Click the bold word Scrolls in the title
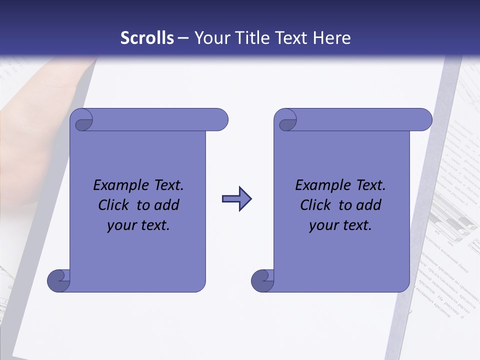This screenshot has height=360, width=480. pos(147,38)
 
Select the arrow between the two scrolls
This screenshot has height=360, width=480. pos(236,199)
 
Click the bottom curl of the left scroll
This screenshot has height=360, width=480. pos(59,281)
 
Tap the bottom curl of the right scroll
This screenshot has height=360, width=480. pos(262,281)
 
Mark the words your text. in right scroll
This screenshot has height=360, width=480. pos(340,225)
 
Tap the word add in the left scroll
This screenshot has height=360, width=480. pos(167,205)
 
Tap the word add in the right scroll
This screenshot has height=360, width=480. pos(369,205)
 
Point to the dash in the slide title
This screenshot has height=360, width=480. pos(183,38)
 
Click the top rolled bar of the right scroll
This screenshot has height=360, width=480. pos(360,119)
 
